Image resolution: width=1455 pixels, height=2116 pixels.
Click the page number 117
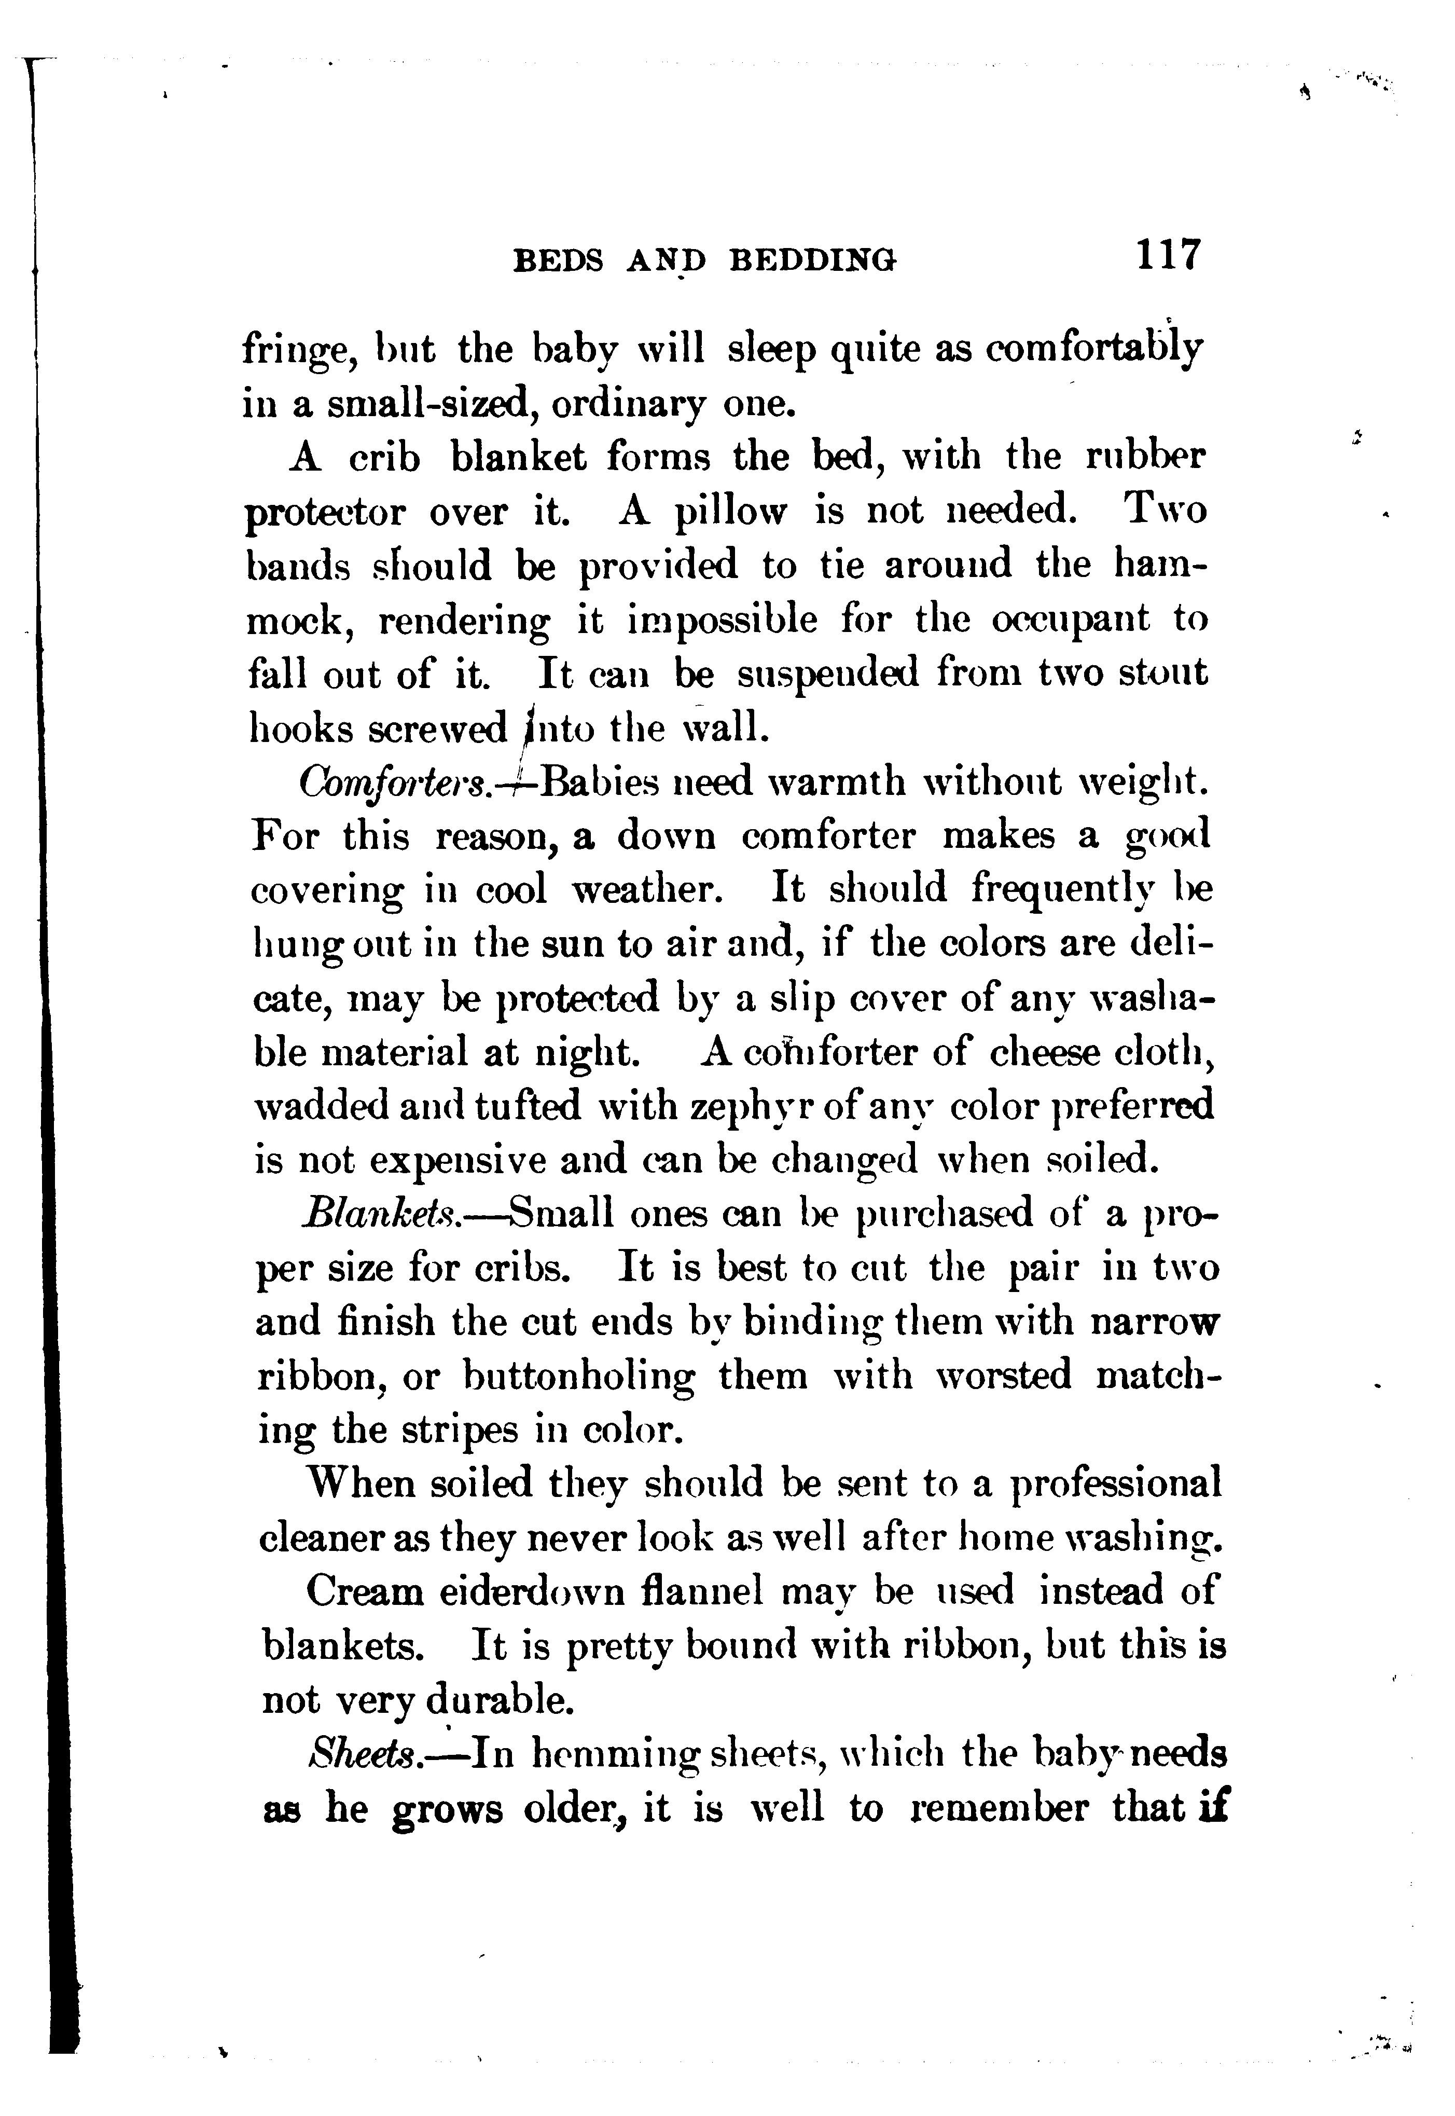pyautogui.click(x=1169, y=255)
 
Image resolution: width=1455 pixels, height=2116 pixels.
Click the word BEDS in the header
pyautogui.click(x=558, y=261)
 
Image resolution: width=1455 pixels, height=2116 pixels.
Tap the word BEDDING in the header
pyautogui.click(x=814, y=261)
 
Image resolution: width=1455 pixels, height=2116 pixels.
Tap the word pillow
pyautogui.click(x=728, y=512)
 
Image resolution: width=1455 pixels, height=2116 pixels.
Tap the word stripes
pyautogui.click(x=461, y=1431)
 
